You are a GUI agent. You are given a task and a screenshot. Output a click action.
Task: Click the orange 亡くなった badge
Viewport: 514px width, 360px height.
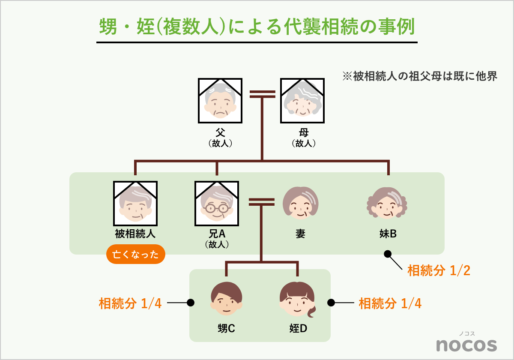click(x=135, y=255)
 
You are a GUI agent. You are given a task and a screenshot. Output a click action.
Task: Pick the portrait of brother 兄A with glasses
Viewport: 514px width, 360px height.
click(x=217, y=204)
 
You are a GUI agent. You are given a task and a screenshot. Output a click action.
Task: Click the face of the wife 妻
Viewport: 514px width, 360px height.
click(x=301, y=204)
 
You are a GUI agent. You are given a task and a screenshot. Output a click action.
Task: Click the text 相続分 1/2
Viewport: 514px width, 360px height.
click(x=439, y=271)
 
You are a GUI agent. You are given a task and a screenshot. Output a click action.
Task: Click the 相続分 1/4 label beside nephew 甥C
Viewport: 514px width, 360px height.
click(x=130, y=303)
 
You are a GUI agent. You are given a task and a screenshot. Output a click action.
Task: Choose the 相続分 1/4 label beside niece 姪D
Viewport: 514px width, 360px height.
click(x=390, y=303)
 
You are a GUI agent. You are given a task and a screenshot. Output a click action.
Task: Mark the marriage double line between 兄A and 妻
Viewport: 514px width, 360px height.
click(x=261, y=201)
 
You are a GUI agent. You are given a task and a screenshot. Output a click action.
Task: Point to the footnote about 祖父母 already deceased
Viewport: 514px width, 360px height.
click(x=420, y=76)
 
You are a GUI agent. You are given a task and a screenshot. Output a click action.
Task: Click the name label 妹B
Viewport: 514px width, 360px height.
click(x=388, y=234)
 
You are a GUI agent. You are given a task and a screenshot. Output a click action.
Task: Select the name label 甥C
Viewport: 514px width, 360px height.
click(x=226, y=329)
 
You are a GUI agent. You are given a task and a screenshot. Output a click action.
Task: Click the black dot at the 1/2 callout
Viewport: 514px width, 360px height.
click(x=388, y=254)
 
